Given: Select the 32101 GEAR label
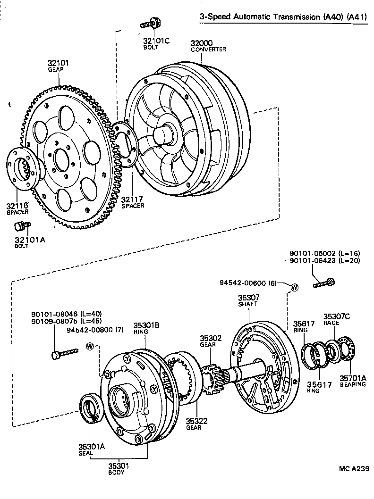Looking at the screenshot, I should (x=59, y=64).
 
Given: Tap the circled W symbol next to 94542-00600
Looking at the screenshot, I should (x=294, y=287).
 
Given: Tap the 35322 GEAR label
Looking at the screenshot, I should (x=194, y=423).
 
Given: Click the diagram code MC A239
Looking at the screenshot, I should (x=353, y=469).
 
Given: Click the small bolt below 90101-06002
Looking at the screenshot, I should (x=324, y=283).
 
